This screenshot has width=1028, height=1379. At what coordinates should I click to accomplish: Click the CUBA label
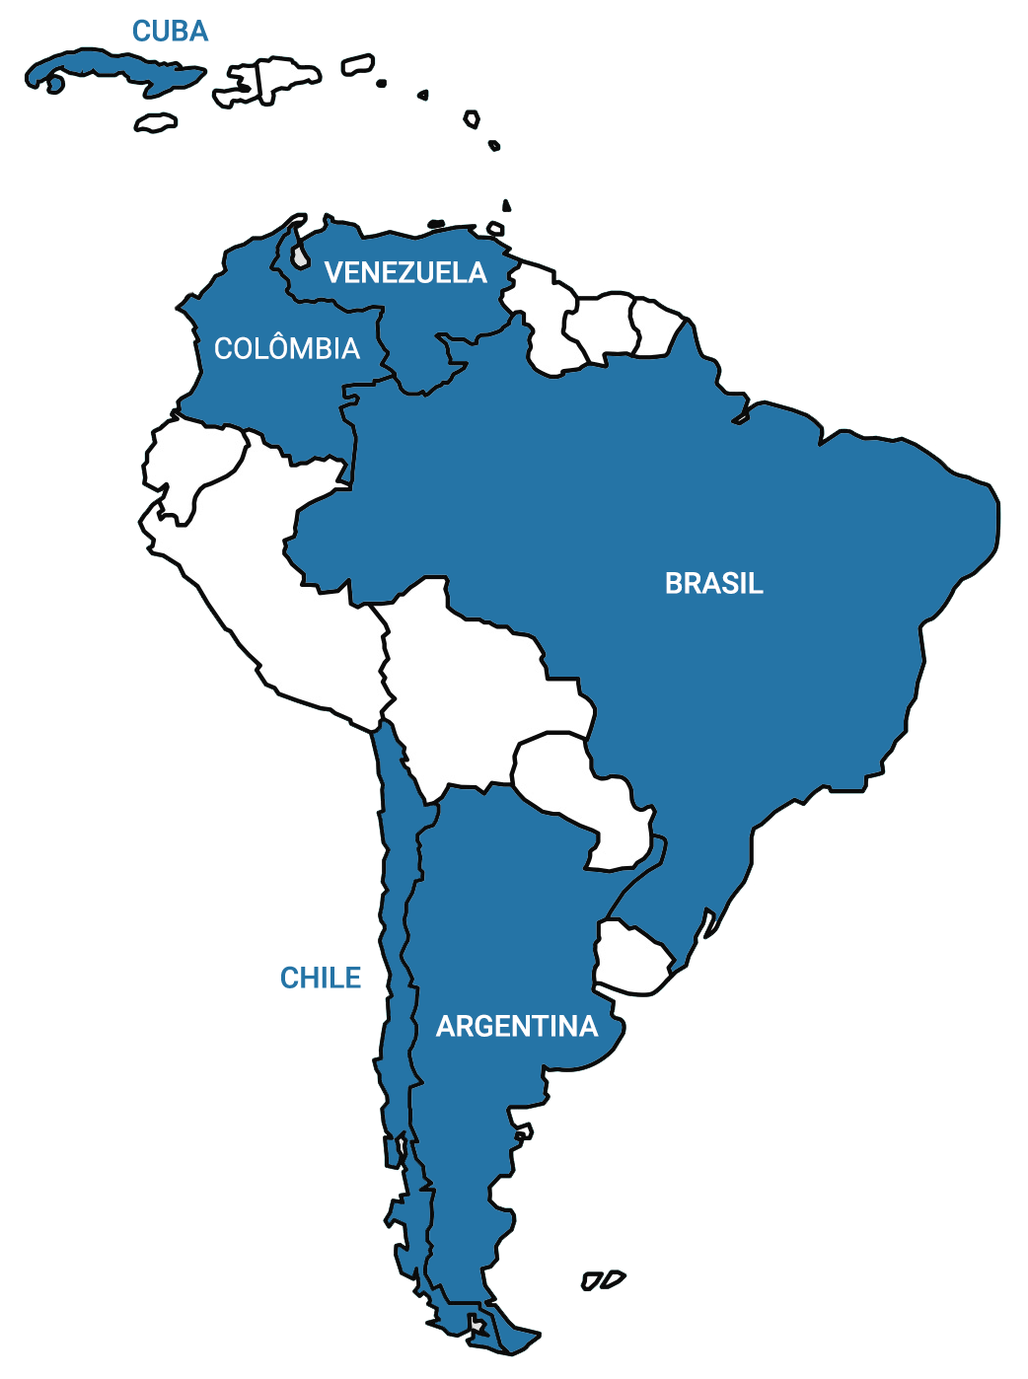click(171, 32)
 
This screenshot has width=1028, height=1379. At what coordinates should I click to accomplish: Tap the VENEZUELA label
click(405, 272)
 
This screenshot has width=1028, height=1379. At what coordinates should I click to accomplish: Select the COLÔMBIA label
click(287, 348)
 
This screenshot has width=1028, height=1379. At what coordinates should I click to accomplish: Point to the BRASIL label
click(714, 583)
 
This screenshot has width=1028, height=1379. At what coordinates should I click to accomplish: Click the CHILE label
click(321, 978)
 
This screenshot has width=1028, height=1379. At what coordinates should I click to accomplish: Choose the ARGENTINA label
click(517, 1027)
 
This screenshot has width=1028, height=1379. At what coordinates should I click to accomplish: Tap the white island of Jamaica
click(156, 122)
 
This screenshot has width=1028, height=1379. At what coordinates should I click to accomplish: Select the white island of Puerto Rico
click(357, 65)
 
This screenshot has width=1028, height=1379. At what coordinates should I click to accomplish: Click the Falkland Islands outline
click(602, 1280)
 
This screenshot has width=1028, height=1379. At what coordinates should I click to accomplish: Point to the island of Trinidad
click(495, 229)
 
